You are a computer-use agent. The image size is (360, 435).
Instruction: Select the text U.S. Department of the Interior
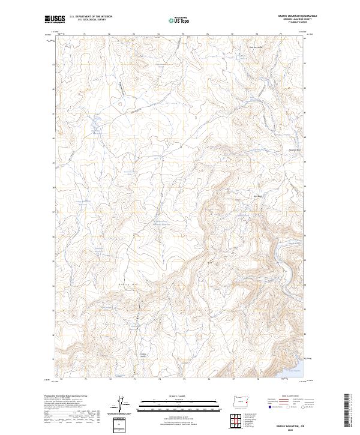91,16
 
